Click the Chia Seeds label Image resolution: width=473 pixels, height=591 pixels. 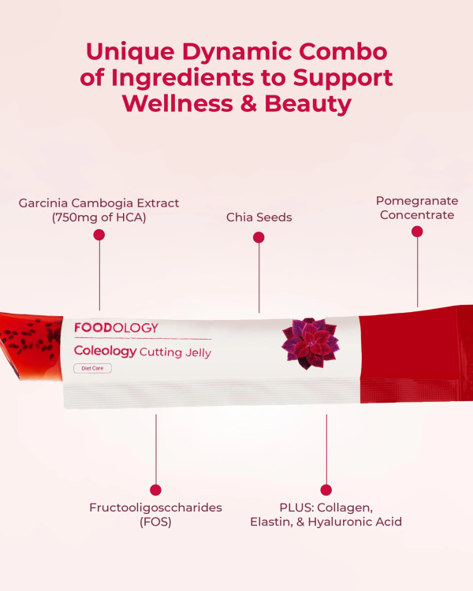point(259,217)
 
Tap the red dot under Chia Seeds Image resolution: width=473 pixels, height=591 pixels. point(259,237)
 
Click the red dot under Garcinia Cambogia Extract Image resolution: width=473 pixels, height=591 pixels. point(99,235)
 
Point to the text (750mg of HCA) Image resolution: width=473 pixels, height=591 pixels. point(99,217)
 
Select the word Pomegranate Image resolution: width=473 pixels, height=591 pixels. point(415,200)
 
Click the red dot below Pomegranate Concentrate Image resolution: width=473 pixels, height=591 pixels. point(417,232)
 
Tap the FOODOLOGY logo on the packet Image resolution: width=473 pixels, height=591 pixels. point(116,328)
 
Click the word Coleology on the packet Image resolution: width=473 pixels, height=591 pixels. point(105,351)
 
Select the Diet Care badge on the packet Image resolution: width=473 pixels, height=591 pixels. point(92,368)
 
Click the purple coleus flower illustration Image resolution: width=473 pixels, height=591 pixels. point(310,344)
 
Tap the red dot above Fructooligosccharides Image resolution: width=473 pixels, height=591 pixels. point(155,489)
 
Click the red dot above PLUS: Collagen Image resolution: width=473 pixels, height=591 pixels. point(326,489)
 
